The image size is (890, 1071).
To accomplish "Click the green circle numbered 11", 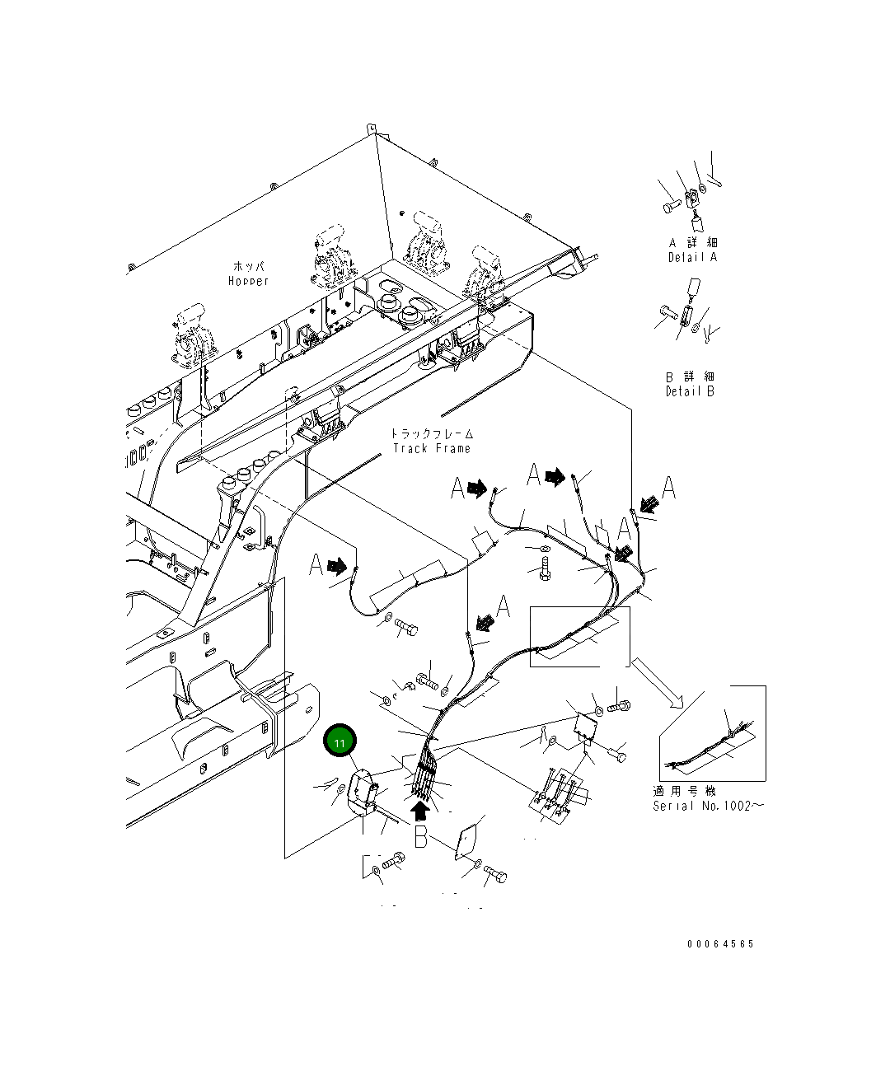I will [340, 741].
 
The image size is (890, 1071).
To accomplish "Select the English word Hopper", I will [248, 282].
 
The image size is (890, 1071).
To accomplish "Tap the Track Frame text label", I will [432, 448].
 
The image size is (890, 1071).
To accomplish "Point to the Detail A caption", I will [692, 257].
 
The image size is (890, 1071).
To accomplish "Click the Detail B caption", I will [690, 391].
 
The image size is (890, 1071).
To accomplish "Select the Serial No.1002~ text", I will [708, 806].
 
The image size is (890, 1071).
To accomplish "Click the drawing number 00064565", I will [720, 944].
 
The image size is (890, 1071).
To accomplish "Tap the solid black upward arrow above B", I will [420, 812].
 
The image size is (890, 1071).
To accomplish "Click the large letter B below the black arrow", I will [421, 839].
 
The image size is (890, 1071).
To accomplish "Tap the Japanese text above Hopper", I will [249, 267].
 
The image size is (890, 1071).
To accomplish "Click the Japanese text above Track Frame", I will [432, 433].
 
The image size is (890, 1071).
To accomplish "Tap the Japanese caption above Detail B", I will [690, 376].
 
